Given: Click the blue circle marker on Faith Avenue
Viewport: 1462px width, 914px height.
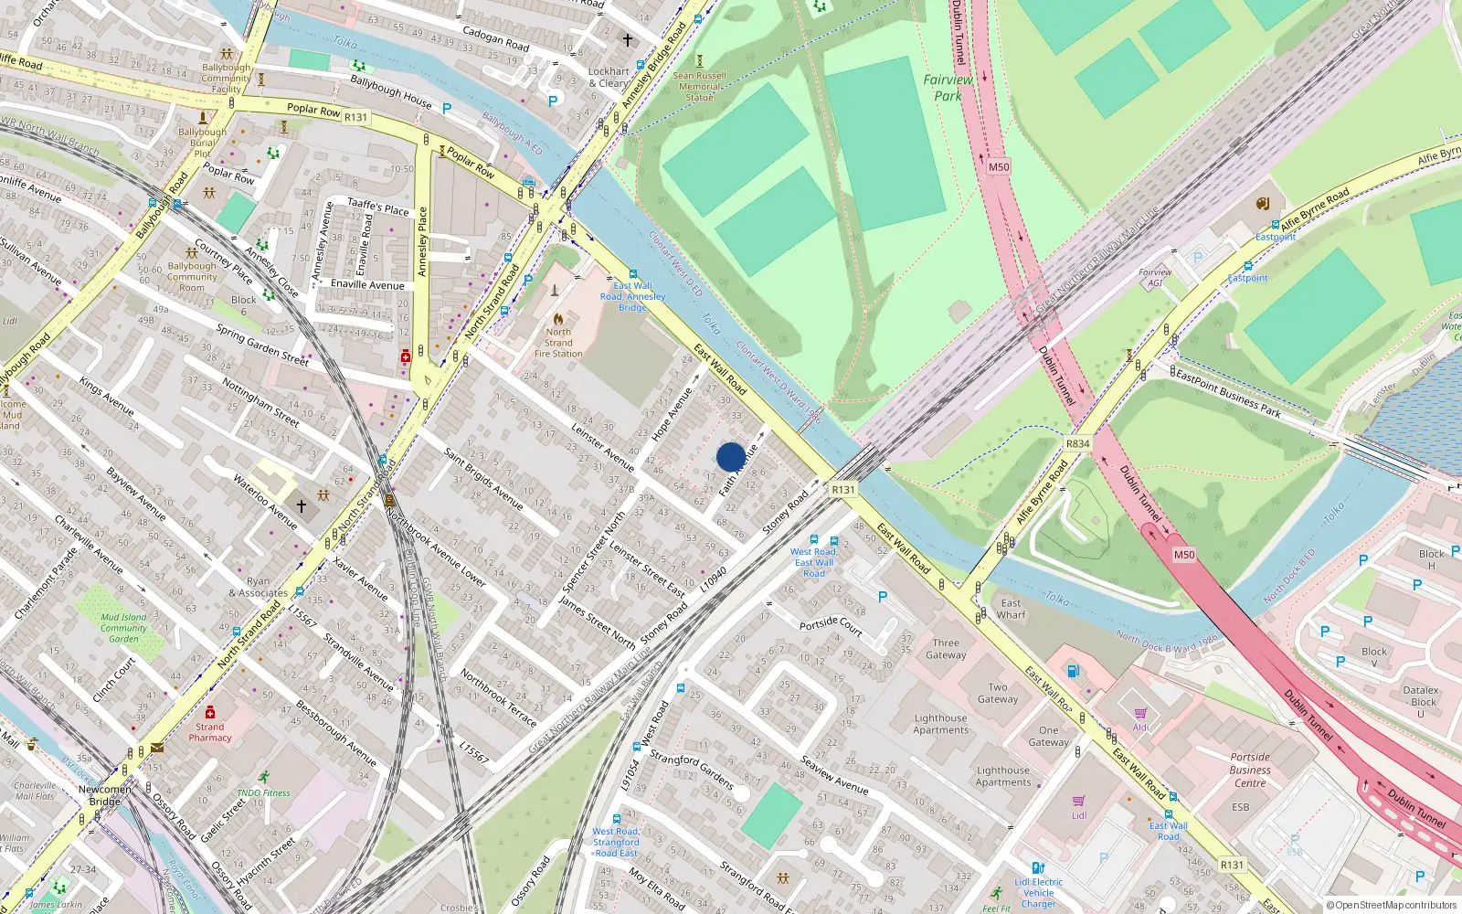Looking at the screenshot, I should (x=731, y=457).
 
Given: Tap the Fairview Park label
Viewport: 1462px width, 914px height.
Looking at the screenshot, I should (x=948, y=88).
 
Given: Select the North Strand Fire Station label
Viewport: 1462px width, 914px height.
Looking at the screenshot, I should (x=558, y=343).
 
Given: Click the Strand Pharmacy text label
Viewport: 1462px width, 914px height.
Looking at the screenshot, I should (x=210, y=732).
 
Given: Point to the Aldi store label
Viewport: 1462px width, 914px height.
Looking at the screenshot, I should (x=1141, y=728).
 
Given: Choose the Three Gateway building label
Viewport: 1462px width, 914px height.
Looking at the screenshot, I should (x=946, y=649).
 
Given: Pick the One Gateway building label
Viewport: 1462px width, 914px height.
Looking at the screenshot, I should (x=1048, y=737).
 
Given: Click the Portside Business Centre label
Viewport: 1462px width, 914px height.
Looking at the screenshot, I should (x=1250, y=770).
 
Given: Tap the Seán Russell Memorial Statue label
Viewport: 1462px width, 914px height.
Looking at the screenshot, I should (x=699, y=87).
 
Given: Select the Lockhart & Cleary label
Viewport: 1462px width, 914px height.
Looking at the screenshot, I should (x=609, y=77).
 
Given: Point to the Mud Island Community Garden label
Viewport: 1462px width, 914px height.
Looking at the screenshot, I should (x=123, y=628).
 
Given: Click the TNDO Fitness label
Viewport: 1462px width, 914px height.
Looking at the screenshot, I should (x=263, y=792).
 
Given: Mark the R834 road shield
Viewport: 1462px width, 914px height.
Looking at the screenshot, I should (x=1077, y=443).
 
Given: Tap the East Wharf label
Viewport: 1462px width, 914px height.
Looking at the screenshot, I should (x=1011, y=609).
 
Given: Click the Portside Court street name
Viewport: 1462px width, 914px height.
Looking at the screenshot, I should (x=831, y=626).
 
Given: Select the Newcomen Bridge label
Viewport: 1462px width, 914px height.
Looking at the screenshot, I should (x=104, y=795).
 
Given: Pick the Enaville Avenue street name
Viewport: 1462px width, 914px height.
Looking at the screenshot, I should (x=367, y=284).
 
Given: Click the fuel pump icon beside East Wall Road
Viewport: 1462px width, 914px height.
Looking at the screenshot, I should (x=1074, y=672).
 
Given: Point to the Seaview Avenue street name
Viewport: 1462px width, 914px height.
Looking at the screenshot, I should (x=834, y=774).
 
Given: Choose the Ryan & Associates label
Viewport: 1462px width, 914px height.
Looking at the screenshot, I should (x=258, y=587).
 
